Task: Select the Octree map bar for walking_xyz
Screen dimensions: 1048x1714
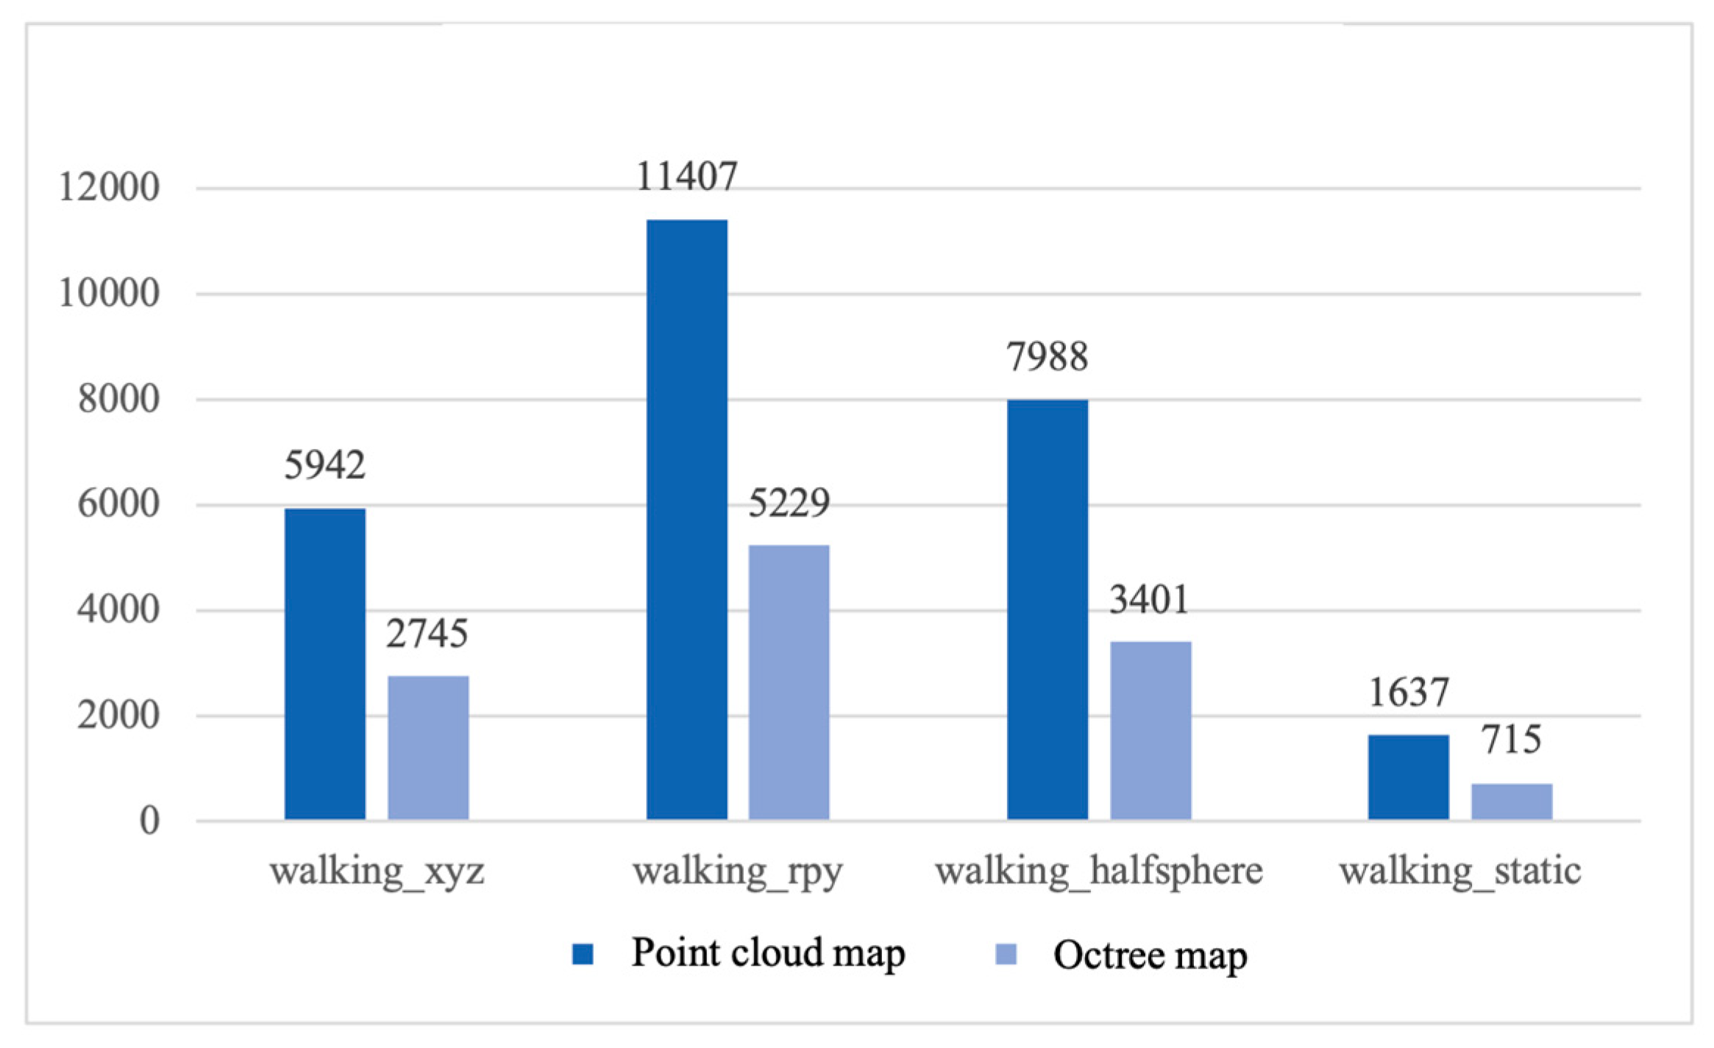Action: (428, 747)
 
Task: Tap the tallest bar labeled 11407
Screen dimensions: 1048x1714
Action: (687, 520)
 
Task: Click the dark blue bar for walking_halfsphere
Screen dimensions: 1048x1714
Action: (1048, 609)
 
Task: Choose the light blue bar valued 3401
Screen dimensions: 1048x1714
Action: (1151, 730)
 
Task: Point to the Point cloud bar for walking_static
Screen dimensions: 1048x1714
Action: (1409, 776)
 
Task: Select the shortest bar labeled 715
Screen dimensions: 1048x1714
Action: (1512, 801)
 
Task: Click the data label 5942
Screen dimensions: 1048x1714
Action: (325, 465)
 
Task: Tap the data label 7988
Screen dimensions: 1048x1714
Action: (1048, 357)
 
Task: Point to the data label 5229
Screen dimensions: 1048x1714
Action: (789, 503)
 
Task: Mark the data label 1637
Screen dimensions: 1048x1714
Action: (1409, 693)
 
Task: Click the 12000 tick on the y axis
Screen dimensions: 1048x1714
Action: (109, 188)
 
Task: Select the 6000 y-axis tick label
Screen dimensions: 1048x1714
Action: (118, 505)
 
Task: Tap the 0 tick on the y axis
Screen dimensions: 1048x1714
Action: (149, 821)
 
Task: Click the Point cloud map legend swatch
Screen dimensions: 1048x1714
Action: (583, 954)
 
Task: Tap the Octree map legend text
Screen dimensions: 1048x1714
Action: (1150, 955)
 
